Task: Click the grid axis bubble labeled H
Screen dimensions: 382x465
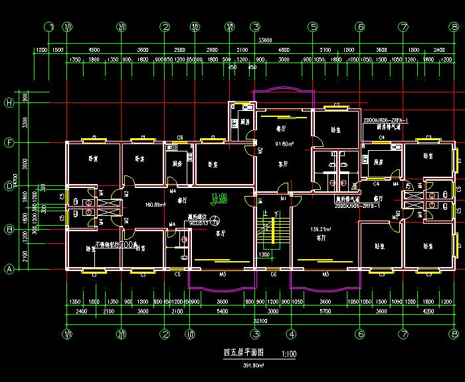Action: click(9, 103)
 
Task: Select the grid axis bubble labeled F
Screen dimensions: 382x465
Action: click(9, 142)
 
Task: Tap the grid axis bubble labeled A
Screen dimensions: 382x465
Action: click(9, 269)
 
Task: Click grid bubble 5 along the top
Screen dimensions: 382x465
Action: click(312, 27)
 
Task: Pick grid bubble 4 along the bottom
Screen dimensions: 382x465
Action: click(290, 334)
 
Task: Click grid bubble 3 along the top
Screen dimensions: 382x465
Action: click(254, 27)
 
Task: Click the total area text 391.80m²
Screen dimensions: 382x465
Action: click(254, 365)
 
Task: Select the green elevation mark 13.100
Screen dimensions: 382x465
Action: click(219, 197)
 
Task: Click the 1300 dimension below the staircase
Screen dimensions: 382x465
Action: click(264, 254)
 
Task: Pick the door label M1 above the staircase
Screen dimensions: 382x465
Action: click(282, 198)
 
